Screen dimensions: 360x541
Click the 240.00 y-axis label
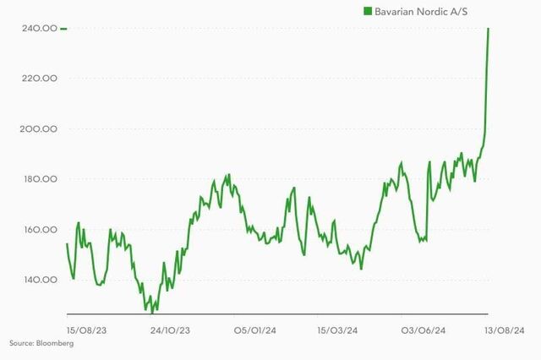pos(40,28)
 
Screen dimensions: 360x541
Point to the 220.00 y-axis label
pos(40,78)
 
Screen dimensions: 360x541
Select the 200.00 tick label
pos(40,128)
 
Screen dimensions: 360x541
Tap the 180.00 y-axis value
pos(40,178)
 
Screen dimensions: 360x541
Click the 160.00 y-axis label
pos(40,229)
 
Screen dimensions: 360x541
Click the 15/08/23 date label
pos(85,330)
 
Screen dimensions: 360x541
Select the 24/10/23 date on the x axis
pos(169,330)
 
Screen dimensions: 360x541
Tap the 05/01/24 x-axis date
pos(254,330)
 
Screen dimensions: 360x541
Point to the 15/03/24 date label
pos(336,330)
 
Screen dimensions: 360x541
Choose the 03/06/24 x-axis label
pos(423,330)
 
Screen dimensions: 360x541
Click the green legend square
pos(368,10)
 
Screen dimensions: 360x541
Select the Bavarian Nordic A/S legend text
pos(424,10)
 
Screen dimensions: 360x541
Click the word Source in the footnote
pos(20,343)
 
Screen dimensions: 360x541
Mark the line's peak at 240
pos(489,29)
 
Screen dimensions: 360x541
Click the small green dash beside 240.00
pos(63,28)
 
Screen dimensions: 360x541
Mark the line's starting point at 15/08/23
pos(67,243)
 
